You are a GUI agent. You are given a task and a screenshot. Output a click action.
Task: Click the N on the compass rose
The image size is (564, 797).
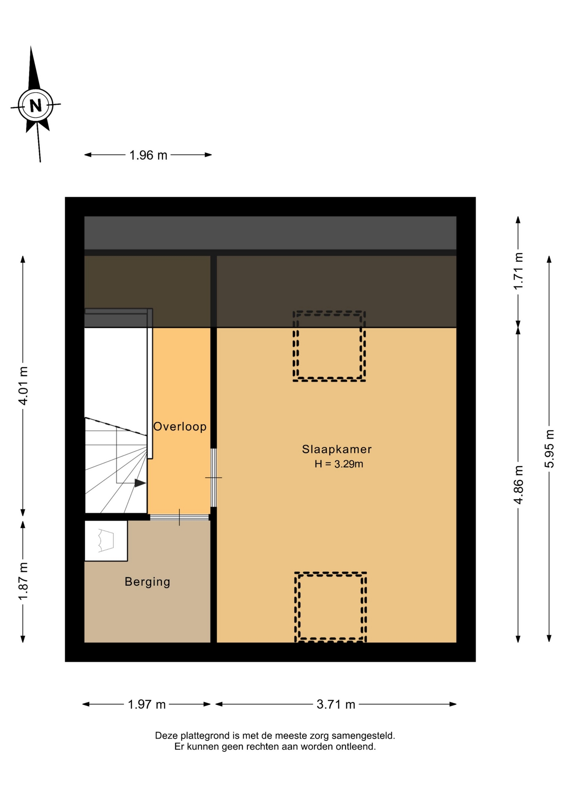click(36, 105)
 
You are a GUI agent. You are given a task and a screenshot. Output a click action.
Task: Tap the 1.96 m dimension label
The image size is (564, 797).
click(148, 155)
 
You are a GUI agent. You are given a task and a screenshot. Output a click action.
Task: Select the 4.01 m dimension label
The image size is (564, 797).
click(23, 386)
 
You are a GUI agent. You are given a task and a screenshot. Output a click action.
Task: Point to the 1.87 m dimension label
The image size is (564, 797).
click(23, 581)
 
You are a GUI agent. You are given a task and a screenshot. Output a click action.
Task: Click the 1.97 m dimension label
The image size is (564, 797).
click(147, 704)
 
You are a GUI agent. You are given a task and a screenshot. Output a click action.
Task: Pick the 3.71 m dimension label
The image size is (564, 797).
click(336, 704)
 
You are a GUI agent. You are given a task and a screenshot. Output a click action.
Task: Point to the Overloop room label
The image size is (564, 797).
click(180, 426)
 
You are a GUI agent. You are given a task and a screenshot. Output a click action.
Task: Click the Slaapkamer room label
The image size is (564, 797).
click(337, 449)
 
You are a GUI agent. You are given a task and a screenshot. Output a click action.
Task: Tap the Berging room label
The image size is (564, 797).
click(147, 582)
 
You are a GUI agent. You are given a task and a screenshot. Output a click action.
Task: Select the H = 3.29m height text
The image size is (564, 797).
click(339, 464)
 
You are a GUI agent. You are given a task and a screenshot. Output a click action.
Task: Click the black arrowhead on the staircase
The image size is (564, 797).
click(140, 483)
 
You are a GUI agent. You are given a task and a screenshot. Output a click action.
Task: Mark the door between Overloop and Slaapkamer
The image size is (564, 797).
click(213, 478)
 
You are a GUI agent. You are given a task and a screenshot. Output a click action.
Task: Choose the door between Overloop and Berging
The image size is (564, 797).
click(179, 517)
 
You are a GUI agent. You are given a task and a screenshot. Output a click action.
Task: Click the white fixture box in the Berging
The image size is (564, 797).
click(106, 541)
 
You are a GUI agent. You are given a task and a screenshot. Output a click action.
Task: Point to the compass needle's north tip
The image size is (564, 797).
click(31, 46)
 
